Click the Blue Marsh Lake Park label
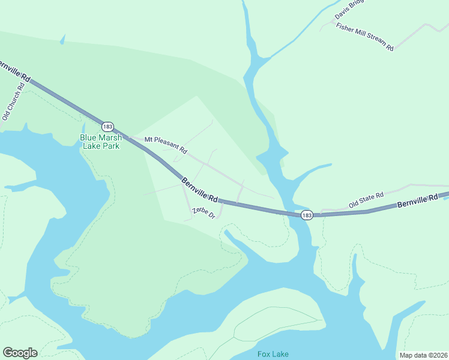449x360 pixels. coord(100,142)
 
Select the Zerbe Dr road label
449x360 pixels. coord(203,212)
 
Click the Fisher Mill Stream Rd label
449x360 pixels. coord(364,37)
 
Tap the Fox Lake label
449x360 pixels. coord(273,354)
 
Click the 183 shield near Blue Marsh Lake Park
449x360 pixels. coord(107,127)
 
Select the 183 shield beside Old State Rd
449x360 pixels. coord(307,215)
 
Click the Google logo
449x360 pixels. coord(20,353)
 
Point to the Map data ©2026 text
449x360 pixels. coord(423,355)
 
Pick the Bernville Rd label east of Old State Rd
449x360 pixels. coord(418,202)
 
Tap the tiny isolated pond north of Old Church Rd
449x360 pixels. coord(62,40)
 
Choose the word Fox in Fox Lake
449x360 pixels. coord(264,354)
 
